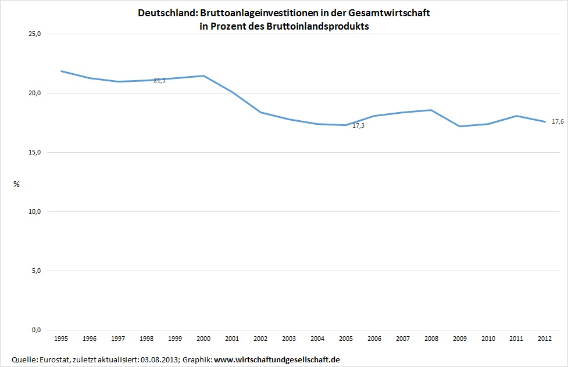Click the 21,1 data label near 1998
pyautogui.click(x=159, y=80)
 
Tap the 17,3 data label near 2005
pyautogui.click(x=358, y=125)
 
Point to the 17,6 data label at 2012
pyautogui.click(x=558, y=121)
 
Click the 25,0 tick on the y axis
pyautogui.click(x=35, y=34)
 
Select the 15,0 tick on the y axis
pyautogui.click(x=35, y=152)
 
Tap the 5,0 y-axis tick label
pyautogui.click(x=36, y=271)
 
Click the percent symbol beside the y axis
pyautogui.click(x=16, y=184)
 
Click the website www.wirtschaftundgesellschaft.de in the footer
pyautogui.click(x=277, y=360)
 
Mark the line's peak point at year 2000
pyautogui.click(x=203, y=76)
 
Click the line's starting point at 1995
pyautogui.click(x=61, y=71)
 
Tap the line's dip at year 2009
pyautogui.click(x=459, y=126)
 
